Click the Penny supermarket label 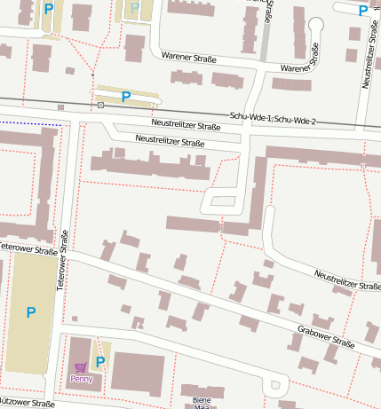click(x=82, y=379)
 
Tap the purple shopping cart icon click(x=81, y=367)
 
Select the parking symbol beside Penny click(x=100, y=361)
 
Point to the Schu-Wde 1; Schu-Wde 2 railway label click(x=273, y=118)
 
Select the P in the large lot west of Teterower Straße click(x=31, y=312)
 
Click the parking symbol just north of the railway click(x=125, y=96)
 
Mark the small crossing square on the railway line click(x=100, y=106)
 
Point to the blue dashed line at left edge click(x=31, y=122)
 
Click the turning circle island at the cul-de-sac click(x=276, y=385)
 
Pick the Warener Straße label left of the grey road click(x=189, y=58)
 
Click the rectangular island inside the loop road click(x=223, y=201)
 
